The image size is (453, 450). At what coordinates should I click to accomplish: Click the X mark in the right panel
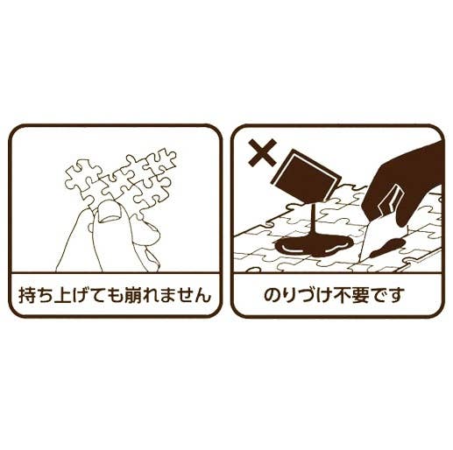click(262, 152)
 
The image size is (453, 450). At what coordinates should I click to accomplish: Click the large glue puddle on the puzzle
click(314, 246)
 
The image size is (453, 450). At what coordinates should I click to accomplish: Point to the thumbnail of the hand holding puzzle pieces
click(108, 210)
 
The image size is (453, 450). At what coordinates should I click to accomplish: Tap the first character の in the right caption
click(272, 295)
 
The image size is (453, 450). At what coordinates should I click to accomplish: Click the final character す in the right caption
click(398, 295)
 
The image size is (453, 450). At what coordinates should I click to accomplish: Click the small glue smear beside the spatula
click(387, 247)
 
